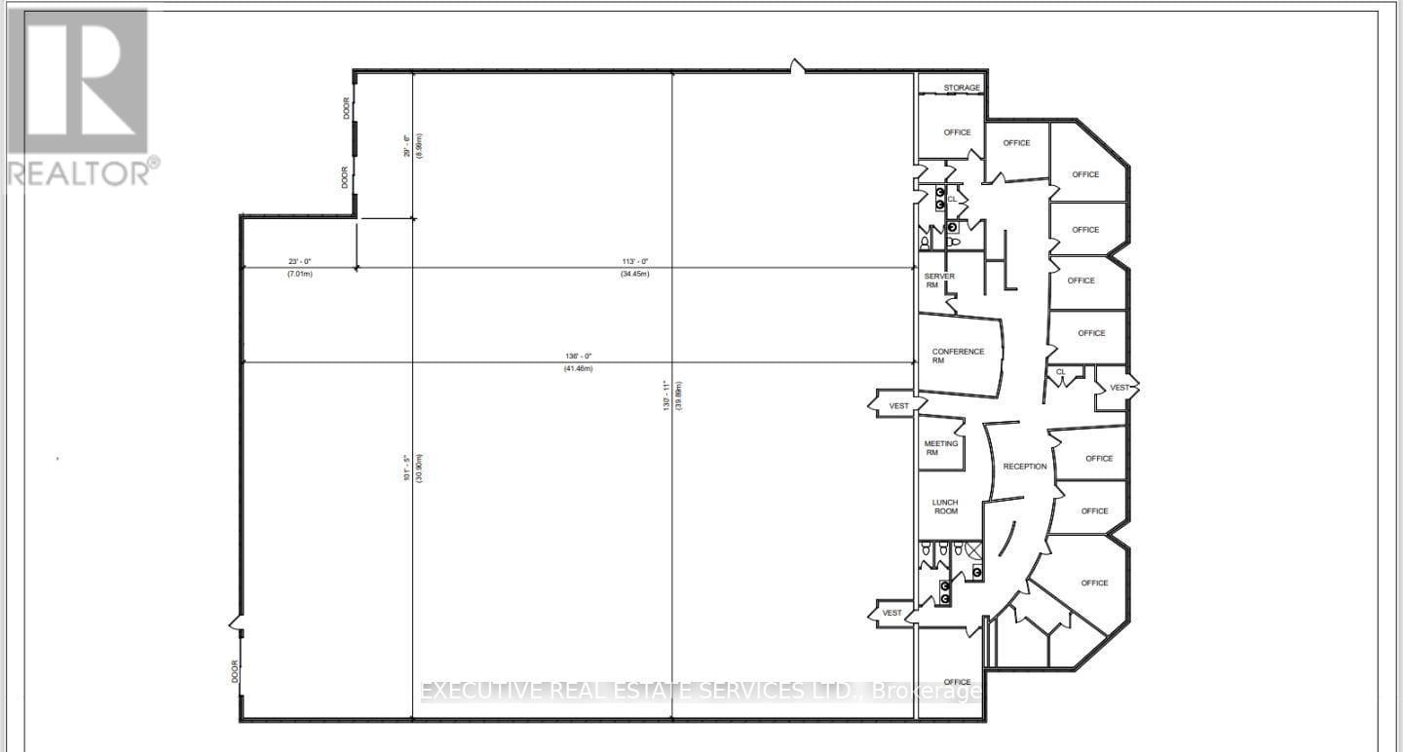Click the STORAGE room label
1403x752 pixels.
[961, 89]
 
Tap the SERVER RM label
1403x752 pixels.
[939, 282]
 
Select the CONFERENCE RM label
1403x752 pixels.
[958, 356]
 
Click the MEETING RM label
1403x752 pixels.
[940, 448]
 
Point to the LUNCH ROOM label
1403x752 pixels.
[944, 507]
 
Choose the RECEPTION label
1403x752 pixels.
[1025, 467]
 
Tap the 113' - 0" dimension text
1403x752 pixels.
[635, 261]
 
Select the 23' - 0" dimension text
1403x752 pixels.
[299, 261]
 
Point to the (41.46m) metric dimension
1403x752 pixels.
[578, 368]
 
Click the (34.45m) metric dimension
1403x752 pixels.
[635, 274]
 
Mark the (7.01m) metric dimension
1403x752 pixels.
[299, 274]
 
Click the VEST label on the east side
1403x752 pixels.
[1119, 388]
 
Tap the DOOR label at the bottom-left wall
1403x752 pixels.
[236, 671]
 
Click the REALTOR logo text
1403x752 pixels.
[80, 172]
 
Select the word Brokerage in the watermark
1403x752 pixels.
[926, 692]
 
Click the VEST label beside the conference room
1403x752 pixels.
[898, 405]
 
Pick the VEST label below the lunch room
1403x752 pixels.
[891, 613]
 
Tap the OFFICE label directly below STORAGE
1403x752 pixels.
[957, 132]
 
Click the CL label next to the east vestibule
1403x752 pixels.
[1061, 372]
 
